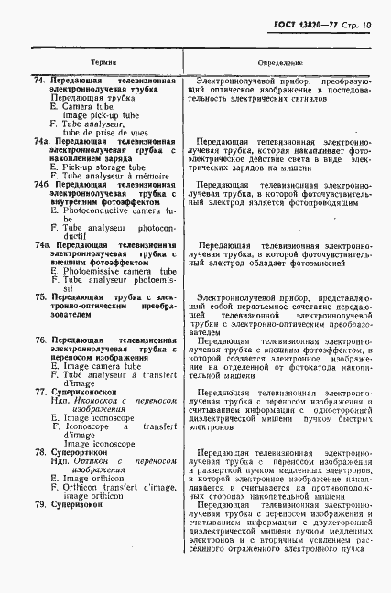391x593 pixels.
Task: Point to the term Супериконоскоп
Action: (x=85, y=391)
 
